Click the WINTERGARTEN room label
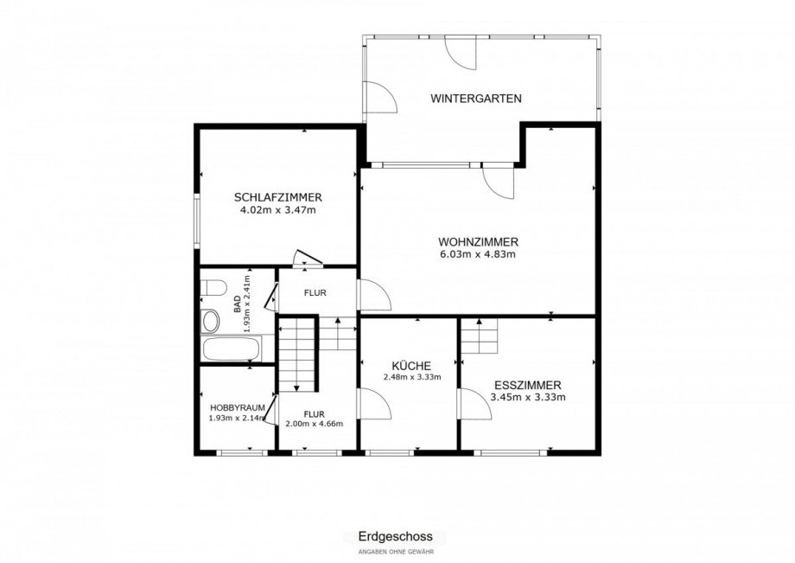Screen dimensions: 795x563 [475, 99]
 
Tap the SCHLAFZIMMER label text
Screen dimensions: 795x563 [278, 197]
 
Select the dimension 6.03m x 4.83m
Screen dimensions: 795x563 [478, 254]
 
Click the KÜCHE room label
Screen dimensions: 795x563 [411, 366]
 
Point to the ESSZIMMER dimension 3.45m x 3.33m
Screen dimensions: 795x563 [528, 397]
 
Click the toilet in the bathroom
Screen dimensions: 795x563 [213, 288]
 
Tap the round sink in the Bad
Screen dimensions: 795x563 [209, 321]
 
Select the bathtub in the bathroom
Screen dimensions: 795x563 [232, 348]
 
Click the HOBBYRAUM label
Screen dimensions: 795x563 [238, 407]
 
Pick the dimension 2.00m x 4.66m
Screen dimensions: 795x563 [315, 424]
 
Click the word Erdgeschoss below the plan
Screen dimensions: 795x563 [396, 536]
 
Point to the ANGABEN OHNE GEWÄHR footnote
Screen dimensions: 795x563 [396, 552]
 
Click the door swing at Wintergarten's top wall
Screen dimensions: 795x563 [461, 53]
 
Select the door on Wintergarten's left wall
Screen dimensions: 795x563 [380, 96]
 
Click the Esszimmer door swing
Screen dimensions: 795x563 [475, 403]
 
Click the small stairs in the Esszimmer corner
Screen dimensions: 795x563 [479, 336]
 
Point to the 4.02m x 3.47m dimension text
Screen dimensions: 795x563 [278, 209]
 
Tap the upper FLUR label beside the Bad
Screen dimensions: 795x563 [315, 292]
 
